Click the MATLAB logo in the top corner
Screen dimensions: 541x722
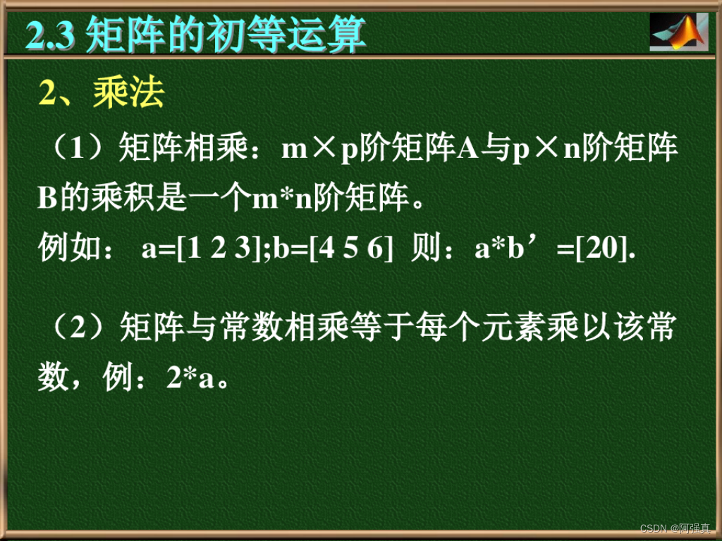coord(678,32)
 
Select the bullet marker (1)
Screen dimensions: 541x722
coord(75,149)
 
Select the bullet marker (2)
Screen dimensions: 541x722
coord(75,328)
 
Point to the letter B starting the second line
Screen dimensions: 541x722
coord(47,199)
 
